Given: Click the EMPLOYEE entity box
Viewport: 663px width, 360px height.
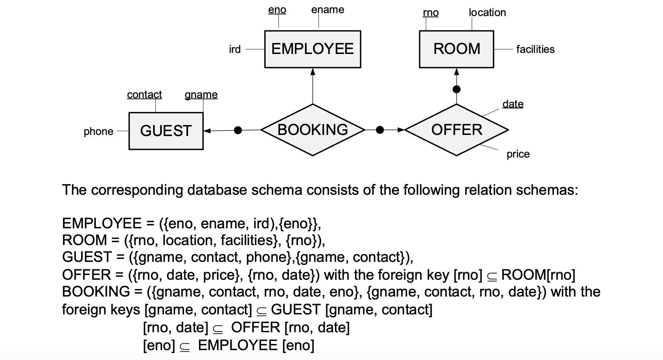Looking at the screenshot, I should coord(312,49).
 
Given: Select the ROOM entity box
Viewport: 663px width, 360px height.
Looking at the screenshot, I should coord(456,49).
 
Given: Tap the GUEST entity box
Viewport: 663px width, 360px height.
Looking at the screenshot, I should coord(166,131).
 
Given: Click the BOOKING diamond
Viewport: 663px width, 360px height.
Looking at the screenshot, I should coord(312,130).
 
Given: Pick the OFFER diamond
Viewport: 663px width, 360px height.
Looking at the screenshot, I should coord(456,130).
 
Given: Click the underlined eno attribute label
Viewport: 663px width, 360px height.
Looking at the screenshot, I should coord(277,10).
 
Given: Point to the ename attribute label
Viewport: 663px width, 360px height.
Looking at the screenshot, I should coord(327,10).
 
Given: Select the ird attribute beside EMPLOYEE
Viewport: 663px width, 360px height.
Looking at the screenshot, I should coord(235,49).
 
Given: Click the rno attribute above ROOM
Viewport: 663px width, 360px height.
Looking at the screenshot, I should coord(430,13).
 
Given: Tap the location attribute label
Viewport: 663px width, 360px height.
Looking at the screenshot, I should coord(487,13).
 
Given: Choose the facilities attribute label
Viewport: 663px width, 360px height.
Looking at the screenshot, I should coord(535,49).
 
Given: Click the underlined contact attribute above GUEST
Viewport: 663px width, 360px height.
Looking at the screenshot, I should coord(144,94).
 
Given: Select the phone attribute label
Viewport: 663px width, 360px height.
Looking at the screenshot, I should coord(98,131).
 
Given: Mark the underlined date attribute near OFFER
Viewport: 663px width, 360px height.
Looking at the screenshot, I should coord(512,104).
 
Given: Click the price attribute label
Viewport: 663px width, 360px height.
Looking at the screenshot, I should coord(518,154).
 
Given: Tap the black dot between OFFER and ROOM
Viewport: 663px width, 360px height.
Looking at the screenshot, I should coord(456,89).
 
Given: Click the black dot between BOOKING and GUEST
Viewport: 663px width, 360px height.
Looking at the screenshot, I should coord(238,130).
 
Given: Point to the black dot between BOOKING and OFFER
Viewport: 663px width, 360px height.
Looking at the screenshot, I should coord(380,130).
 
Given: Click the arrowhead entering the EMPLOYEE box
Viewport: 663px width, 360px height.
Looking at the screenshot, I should coord(312,71).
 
